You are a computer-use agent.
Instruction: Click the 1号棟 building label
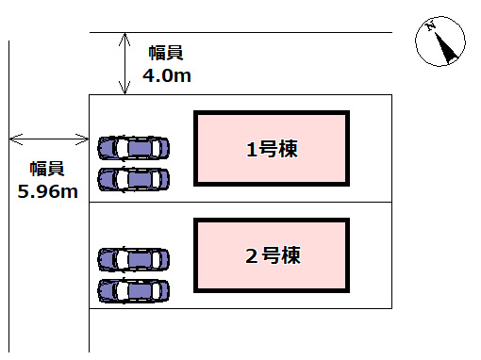coord(273,149)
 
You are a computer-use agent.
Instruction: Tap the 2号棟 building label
coord(273,254)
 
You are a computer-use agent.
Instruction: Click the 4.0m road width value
coord(167,75)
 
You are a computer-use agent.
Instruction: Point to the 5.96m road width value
coord(47,191)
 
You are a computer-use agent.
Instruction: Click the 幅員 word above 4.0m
coord(167,54)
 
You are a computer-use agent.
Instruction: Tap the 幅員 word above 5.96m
coord(47,170)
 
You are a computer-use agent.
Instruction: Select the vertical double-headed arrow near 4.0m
coord(125,63)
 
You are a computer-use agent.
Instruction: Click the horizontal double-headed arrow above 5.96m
coord(47,139)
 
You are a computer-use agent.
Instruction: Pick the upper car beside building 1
coord(134,148)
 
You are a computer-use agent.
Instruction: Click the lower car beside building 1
coord(134,178)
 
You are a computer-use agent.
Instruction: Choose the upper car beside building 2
coord(134,259)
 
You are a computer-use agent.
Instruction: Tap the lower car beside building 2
coord(134,289)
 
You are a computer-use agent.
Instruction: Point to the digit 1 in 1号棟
coord(251,149)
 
